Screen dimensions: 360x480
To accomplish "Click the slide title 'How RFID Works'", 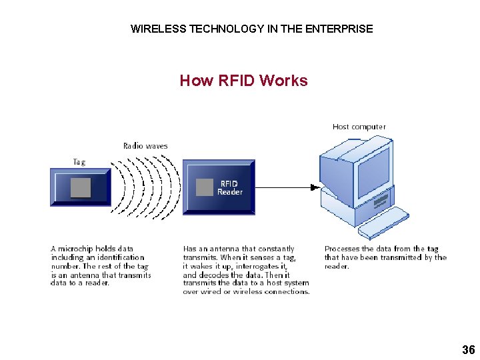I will [x=243, y=81].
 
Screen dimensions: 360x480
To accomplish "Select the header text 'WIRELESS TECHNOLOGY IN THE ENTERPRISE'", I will [x=251, y=29].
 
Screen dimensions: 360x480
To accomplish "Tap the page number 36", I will [x=468, y=350].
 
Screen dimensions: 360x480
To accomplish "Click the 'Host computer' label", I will [x=359, y=127].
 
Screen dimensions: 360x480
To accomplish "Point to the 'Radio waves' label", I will [x=145, y=145].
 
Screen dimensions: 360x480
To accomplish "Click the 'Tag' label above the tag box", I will [x=79, y=161].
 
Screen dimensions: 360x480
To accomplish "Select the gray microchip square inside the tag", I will [x=81, y=187].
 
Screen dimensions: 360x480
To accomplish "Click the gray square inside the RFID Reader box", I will [x=205, y=187].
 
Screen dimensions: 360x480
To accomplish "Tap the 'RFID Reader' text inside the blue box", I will [x=229, y=187].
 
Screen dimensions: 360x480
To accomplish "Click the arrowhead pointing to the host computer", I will [x=315, y=187].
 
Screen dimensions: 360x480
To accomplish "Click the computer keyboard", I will [x=383, y=222].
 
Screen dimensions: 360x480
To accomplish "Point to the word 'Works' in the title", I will [x=283, y=81].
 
